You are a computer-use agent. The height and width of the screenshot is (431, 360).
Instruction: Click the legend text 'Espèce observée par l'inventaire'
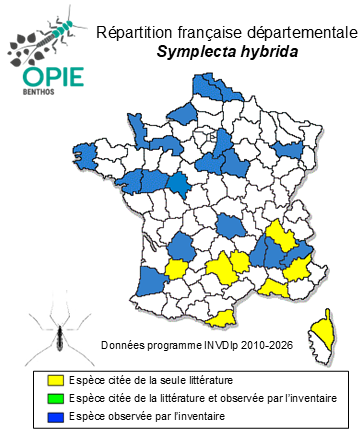pyautogui.click(x=147, y=416)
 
